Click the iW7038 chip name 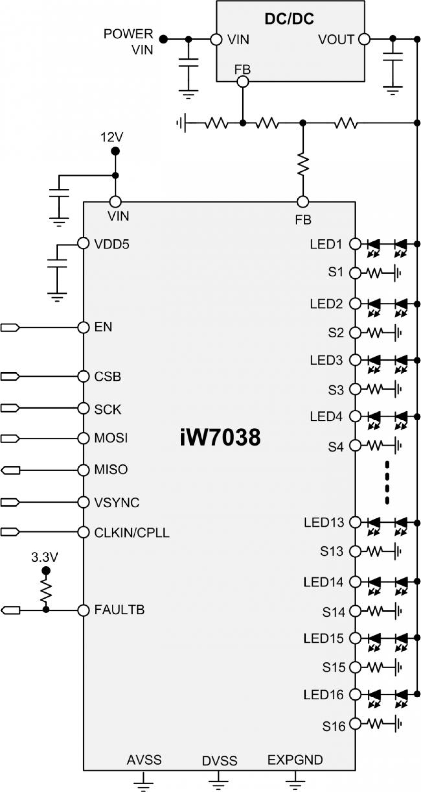click(220, 437)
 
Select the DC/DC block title click(289, 19)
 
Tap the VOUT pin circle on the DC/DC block click(364, 40)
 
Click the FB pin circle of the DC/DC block click(243, 81)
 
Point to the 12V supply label click(112, 137)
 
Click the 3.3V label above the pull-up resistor click(45, 557)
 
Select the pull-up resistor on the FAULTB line click(46, 592)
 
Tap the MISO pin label click(111, 469)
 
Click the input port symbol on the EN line click(10, 327)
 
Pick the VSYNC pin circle click(83, 502)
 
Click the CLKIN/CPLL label click(131, 533)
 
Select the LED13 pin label click(324, 522)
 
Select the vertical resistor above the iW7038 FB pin click(303, 164)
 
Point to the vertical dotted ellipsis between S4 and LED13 click(387, 482)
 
